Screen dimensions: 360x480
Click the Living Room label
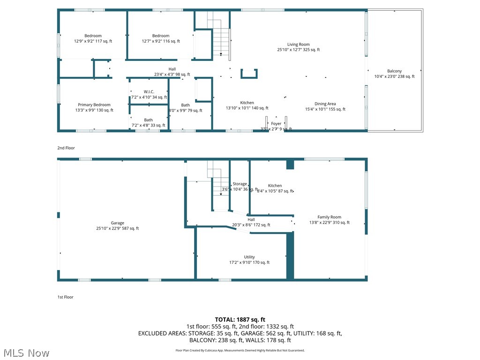pos(298,45)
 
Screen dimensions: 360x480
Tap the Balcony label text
pos(394,71)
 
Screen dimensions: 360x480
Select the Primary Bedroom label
pos(94,105)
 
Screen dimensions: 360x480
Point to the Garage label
pos(117,223)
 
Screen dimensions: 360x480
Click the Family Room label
pos(329,217)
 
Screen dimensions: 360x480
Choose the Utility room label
pos(249,257)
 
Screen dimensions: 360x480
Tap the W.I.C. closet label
pos(149,92)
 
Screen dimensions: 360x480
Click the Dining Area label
pos(325,104)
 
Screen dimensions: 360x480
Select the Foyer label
pos(276,124)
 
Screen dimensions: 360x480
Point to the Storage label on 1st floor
pos(240,184)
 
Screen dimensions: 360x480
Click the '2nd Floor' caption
pos(66,148)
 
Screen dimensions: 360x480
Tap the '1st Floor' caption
pos(66,297)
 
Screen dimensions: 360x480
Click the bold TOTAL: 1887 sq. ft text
pos(240,320)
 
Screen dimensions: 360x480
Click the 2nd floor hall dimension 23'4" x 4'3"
pos(172,75)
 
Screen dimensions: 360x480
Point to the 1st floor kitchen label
pos(275,186)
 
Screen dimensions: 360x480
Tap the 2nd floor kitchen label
pos(247,103)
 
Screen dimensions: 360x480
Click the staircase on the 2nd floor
pos(220,37)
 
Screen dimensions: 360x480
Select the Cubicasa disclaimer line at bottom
pos(240,350)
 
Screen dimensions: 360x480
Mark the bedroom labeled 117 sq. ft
pos(93,36)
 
